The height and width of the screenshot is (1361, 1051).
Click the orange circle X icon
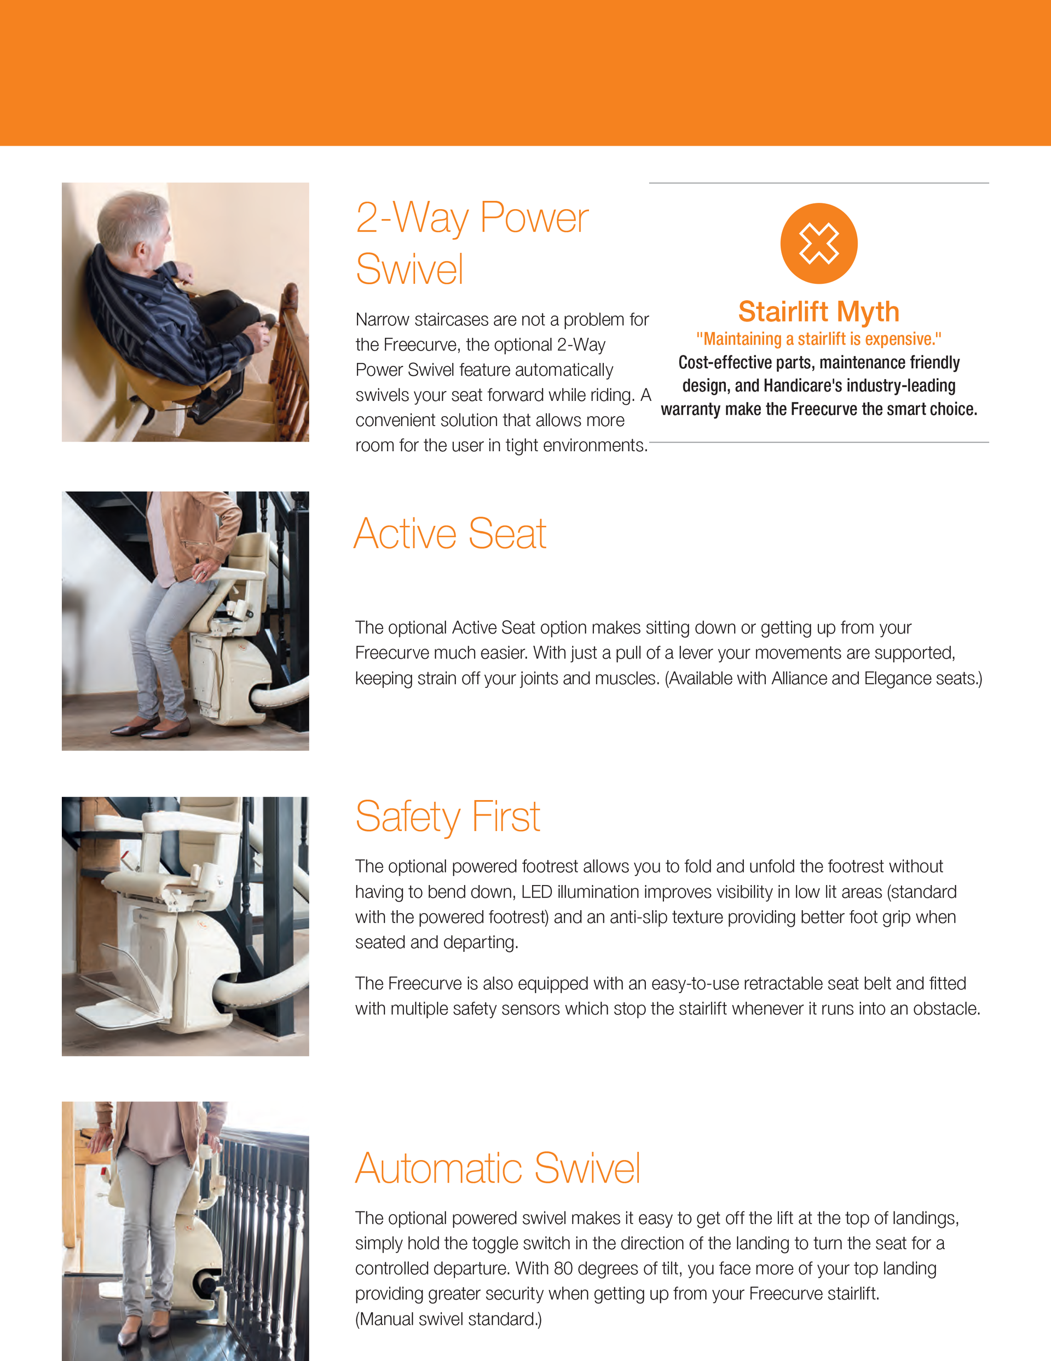[x=818, y=243]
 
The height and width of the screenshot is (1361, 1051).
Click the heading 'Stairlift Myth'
[x=818, y=312]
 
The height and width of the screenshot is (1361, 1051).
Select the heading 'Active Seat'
[x=450, y=534]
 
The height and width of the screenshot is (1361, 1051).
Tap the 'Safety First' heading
[x=447, y=817]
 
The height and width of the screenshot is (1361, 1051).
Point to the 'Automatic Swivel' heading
[x=498, y=1168]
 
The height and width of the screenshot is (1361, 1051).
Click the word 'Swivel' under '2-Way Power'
[x=410, y=269]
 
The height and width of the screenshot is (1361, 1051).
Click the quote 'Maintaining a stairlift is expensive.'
[x=818, y=339]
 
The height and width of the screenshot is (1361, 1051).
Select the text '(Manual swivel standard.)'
[x=448, y=1319]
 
